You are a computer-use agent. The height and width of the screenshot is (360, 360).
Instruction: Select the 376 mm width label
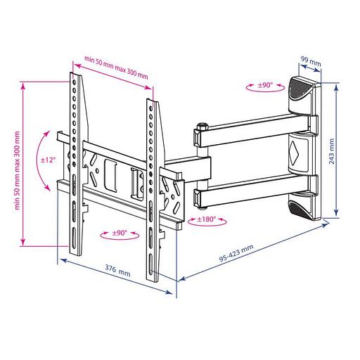(117, 272)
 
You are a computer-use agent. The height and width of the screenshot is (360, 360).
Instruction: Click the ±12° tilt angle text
(48, 160)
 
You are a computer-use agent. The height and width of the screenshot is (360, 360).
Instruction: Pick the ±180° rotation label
(207, 219)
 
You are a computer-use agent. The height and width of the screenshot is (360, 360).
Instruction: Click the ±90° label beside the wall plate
(265, 85)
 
